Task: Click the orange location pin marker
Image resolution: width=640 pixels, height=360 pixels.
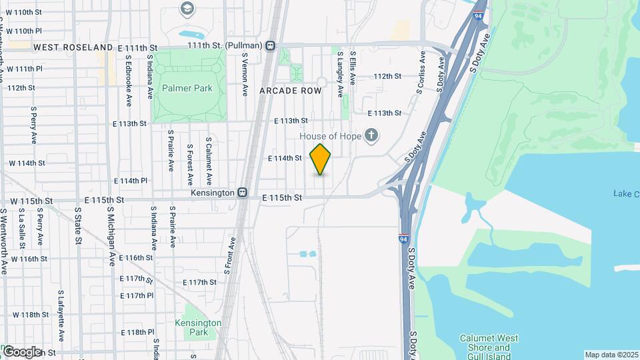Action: coord(321,159)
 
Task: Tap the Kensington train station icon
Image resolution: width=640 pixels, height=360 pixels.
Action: coord(243,193)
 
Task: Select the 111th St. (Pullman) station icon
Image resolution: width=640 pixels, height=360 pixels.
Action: coord(270,45)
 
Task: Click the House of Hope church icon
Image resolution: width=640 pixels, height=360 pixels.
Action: coord(372,136)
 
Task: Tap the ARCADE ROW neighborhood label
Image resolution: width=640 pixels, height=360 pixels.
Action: coord(291,90)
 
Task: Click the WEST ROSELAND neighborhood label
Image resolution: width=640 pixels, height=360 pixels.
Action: coord(73,48)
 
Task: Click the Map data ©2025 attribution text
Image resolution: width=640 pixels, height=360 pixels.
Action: coord(611,355)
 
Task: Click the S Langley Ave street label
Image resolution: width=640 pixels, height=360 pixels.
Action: coord(340,67)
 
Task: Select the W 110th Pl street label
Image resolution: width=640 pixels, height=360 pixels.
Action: coord(25,31)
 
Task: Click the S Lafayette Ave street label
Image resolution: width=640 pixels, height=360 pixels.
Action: coord(61,307)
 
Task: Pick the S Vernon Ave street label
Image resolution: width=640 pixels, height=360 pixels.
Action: coord(245,77)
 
